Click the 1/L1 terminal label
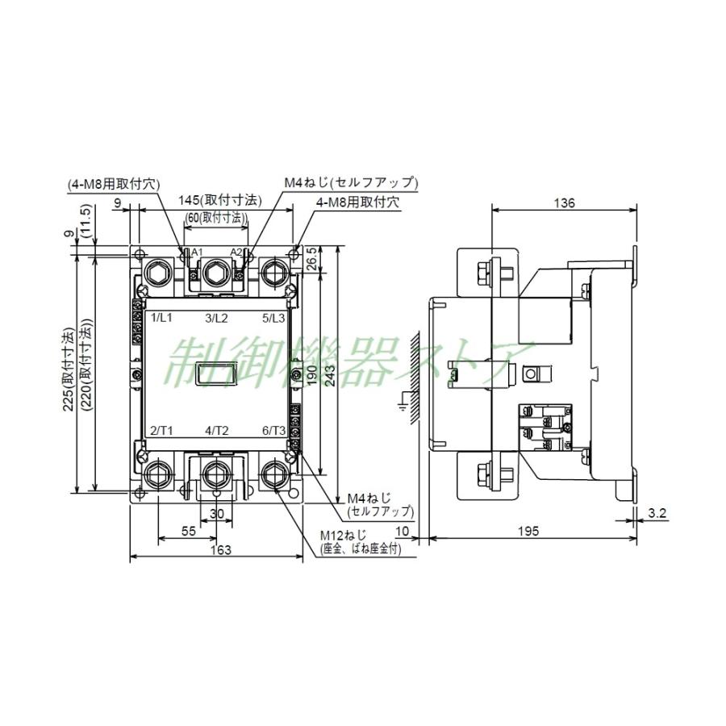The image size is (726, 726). [x=162, y=318]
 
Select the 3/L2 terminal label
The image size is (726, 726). [x=216, y=318]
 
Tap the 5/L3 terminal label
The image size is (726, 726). [x=273, y=318]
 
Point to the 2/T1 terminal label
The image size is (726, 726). [x=162, y=430]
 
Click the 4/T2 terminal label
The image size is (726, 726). [x=217, y=430]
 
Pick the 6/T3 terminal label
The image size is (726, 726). [x=273, y=430]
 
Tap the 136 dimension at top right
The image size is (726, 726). [x=565, y=203]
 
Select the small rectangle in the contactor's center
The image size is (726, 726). [x=217, y=373]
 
